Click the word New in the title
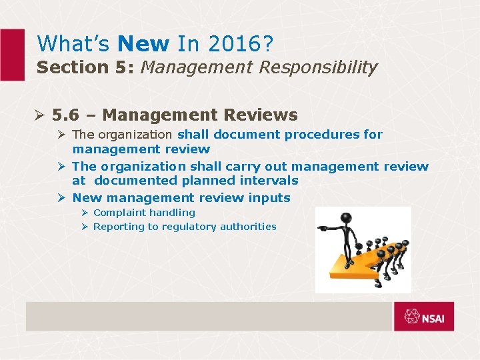pos(143,44)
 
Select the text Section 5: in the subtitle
pos(86,67)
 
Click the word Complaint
pos(121,213)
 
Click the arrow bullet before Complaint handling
pos(85,213)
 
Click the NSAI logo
pos(424,316)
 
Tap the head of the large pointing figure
pos(345,218)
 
